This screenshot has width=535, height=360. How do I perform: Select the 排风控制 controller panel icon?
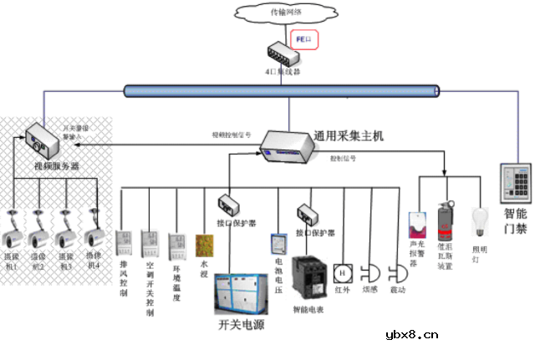pos(124,242)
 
